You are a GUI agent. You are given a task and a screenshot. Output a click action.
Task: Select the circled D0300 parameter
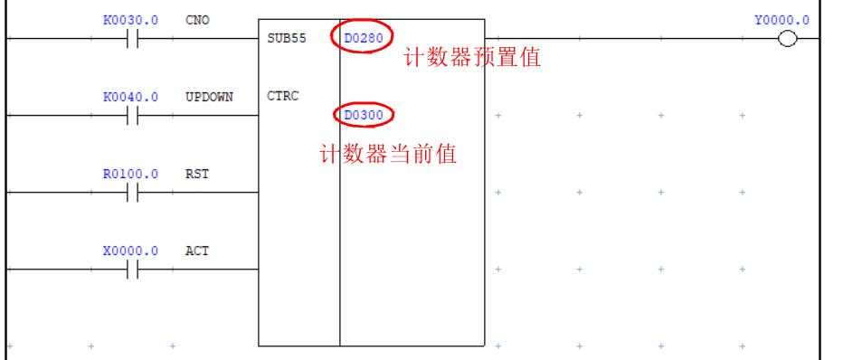tap(365, 116)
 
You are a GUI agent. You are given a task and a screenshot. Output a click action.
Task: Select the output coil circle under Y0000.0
tap(785, 41)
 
